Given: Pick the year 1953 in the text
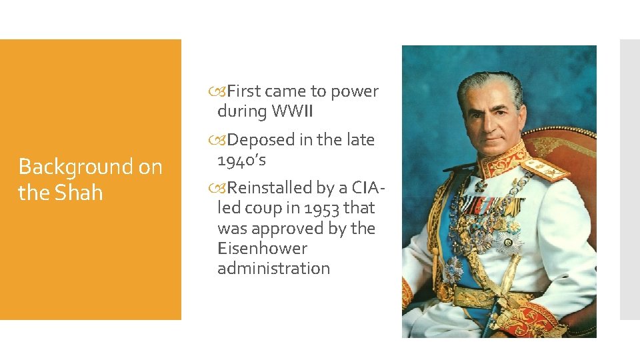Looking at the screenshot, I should coord(321,208).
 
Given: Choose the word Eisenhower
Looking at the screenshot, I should coord(262,249).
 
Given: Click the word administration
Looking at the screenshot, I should coord(273,269).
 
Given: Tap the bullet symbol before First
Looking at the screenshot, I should coord(221,92).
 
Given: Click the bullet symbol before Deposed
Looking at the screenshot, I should coord(221,141).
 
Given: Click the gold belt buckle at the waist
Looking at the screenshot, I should coord(445,291).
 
